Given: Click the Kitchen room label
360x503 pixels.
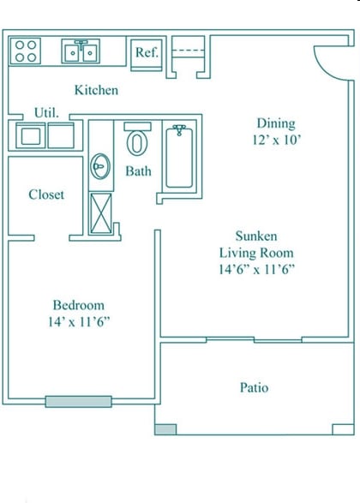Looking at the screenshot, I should pos(96,90).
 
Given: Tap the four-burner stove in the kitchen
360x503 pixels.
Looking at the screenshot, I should pos(27,51).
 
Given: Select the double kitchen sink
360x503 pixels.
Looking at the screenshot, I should pos(82,51).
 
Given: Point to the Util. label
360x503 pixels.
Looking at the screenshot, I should pos(45,112).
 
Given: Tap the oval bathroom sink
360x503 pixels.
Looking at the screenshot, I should pos(101,165).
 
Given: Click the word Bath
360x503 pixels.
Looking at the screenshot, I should pos(138,171).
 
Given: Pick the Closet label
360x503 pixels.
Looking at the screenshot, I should pos(46,195).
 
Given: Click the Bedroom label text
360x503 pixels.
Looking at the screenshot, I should pos(78,305).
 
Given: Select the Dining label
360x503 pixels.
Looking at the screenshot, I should pos(275,123).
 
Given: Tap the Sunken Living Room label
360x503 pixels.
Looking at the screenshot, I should pos(256,244).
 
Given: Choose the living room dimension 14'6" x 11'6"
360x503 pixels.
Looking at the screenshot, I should pos(256,269).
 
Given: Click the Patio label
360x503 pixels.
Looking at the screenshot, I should pos(254,387).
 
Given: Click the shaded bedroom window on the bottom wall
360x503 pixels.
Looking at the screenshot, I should pos(78,401).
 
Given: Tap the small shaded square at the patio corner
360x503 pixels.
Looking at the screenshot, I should pos(165,428).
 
